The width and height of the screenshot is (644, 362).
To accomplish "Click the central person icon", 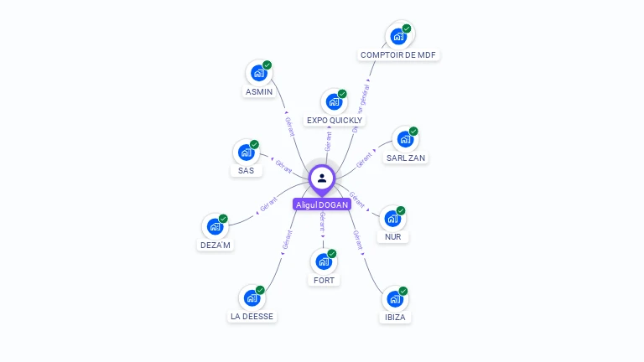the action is tap(322, 178).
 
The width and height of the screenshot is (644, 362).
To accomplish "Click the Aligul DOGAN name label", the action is tap(322, 204).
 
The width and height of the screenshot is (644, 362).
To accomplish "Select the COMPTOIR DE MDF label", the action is tap(399, 55).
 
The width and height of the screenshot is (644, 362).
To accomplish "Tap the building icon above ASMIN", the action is tap(258, 74).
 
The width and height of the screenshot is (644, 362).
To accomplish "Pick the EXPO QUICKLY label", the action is tap(335, 121).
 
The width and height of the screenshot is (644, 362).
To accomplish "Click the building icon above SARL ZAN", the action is tap(405, 140).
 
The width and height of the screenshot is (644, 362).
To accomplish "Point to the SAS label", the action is tap(246, 171).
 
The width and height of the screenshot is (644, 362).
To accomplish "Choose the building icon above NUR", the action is tap(392, 219).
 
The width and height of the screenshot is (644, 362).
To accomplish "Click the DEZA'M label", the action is tap(216, 245).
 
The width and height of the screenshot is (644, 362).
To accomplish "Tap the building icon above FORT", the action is tap(324, 261).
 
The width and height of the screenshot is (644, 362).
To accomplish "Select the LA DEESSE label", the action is tap(252, 317).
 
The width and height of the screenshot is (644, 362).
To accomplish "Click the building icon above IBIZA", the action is tap(395, 299).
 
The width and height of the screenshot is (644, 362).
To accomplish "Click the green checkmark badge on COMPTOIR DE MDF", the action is tap(407, 28).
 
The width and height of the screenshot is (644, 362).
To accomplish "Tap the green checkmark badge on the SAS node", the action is tap(254, 144).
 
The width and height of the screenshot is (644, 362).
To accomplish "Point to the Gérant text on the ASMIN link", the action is tap(289, 126).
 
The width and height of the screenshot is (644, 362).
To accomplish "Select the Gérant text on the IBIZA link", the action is tap(357, 240).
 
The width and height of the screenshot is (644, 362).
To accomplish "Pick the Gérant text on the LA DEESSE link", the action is tap(288, 240).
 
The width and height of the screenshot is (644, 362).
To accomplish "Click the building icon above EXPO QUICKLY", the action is tap(334, 102).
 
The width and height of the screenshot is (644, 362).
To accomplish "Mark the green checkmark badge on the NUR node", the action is tap(401, 210).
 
